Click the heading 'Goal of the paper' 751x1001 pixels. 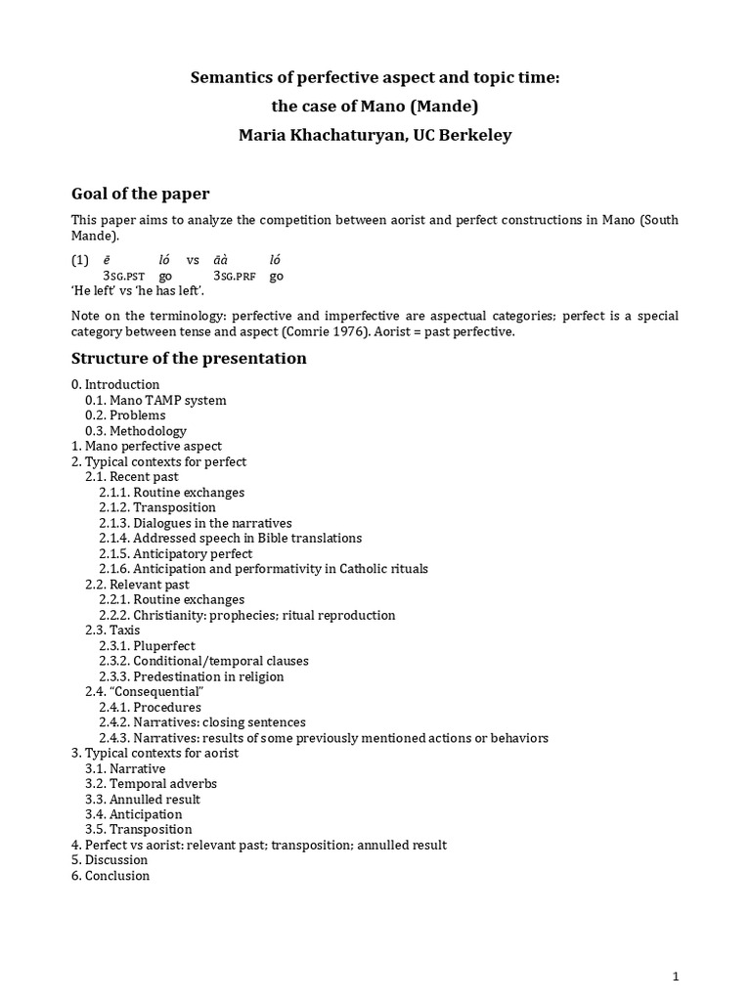point(140,194)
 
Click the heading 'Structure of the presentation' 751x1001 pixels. point(189,358)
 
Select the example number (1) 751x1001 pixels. point(79,260)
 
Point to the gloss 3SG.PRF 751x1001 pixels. point(235,277)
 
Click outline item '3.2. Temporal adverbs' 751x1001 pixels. point(151,784)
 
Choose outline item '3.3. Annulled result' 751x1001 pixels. point(148,799)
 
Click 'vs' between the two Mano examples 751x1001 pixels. point(193,260)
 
